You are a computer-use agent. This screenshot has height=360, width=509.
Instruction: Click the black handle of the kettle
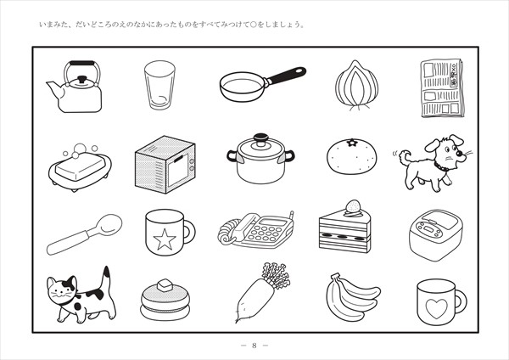click(82, 63)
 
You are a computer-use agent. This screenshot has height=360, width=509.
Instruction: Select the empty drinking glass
click(159, 85)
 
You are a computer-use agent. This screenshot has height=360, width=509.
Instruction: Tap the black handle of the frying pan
click(287, 75)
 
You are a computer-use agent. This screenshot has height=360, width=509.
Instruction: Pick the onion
click(357, 85)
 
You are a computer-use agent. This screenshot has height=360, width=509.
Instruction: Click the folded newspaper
click(442, 87)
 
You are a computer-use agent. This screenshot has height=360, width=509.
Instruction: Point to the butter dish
click(80, 167)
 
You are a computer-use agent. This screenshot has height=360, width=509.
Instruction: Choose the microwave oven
click(165, 165)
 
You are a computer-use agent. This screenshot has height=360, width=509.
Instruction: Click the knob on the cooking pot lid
click(260, 138)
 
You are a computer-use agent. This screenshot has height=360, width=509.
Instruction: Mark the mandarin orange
click(352, 156)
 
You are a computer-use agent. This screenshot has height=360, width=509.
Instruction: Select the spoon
click(84, 234)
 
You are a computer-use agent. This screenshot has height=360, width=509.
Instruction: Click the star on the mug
click(165, 239)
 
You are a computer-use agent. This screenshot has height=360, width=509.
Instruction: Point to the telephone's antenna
click(291, 216)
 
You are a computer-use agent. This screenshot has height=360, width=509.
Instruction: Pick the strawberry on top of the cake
click(354, 206)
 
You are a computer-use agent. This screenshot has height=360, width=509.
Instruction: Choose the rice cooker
click(436, 234)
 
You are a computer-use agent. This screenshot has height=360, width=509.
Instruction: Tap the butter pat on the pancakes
click(165, 285)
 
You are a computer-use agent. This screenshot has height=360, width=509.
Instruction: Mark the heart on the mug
click(437, 307)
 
